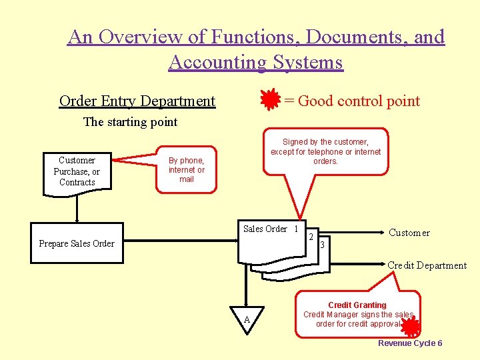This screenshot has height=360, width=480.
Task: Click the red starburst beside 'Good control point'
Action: click(270, 100)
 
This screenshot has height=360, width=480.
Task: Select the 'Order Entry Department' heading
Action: click(137, 101)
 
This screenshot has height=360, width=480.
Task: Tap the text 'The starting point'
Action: click(130, 122)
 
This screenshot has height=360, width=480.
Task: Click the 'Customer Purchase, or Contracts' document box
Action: click(77, 172)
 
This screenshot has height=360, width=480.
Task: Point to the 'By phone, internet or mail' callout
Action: click(187, 170)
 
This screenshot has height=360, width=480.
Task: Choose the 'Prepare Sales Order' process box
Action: click(77, 243)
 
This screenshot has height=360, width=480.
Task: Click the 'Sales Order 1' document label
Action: click(270, 229)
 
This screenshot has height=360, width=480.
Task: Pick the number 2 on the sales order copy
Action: click(311, 237)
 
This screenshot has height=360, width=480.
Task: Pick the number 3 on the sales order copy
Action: click(322, 245)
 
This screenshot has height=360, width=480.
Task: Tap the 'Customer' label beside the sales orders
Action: click(409, 233)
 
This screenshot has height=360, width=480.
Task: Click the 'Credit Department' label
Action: click(427, 265)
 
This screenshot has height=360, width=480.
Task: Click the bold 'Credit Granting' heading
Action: click(357, 305)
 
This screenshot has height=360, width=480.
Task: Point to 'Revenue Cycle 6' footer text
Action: click(410, 343)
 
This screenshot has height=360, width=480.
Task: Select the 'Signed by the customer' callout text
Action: click(325, 151)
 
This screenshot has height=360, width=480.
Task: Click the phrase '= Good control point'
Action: click(351, 101)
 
